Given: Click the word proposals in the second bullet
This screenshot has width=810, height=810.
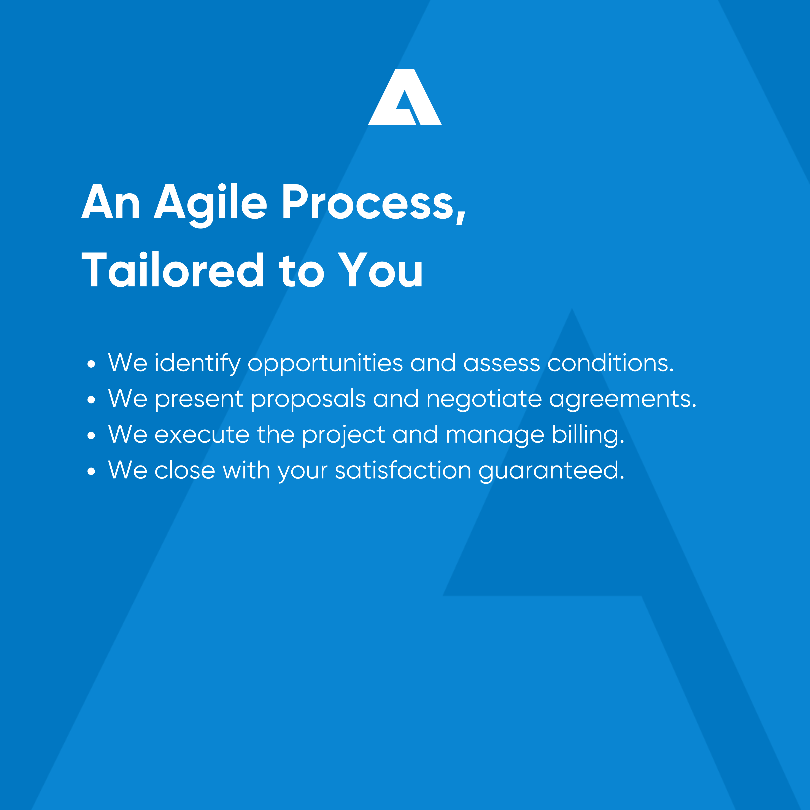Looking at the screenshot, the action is (308, 399).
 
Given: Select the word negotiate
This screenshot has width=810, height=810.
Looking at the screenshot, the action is (484, 399).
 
